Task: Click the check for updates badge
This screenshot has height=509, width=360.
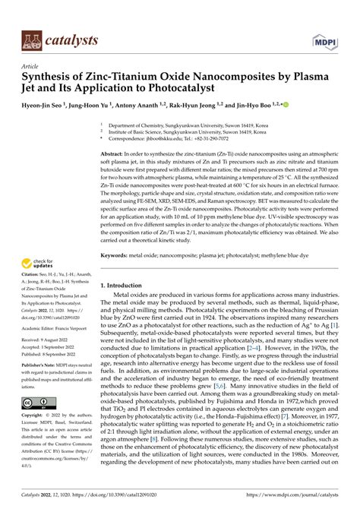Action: (x=39, y=264)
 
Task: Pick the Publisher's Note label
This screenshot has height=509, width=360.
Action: (x=39, y=365)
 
